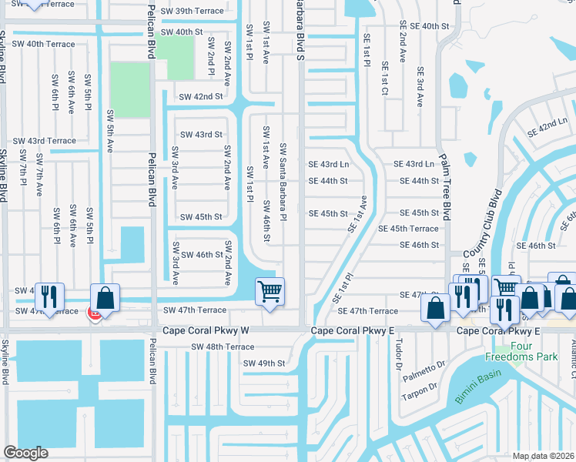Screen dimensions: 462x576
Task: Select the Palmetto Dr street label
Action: [425, 368]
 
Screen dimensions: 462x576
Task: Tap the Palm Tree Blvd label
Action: [444, 192]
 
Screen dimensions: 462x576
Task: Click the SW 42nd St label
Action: [200, 97]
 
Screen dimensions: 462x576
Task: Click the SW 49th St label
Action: [264, 363]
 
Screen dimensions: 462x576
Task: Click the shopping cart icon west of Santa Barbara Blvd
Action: [270, 292]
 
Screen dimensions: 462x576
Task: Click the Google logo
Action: [25, 453]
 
